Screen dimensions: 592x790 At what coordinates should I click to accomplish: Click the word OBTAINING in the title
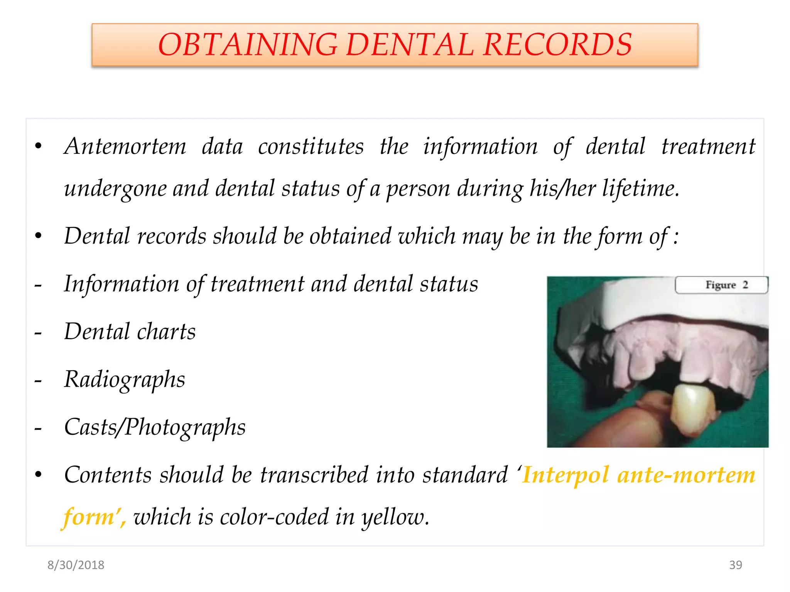tap(247, 45)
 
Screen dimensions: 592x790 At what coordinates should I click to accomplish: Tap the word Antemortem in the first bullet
tap(125, 147)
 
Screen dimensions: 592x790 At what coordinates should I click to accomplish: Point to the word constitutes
tap(311, 147)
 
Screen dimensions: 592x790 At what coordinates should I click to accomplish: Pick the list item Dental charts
tap(130, 332)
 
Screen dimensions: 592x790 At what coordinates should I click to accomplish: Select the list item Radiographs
tap(125, 380)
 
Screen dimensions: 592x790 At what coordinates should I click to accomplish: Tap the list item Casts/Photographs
tap(155, 427)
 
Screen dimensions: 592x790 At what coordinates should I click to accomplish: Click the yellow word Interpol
tap(565, 475)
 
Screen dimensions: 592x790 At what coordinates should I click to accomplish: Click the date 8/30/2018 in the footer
tap(76, 565)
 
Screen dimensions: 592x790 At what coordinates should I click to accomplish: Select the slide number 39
tap(735, 565)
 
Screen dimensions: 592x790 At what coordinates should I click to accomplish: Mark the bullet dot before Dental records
tap(38, 236)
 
